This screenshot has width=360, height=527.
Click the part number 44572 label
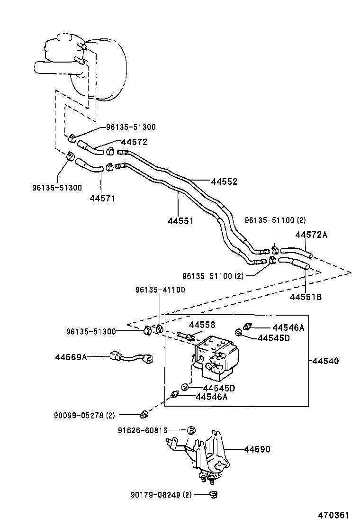134,142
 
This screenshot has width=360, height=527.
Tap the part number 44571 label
102,198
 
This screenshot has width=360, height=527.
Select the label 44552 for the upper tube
224,182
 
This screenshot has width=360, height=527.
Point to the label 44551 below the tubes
180,221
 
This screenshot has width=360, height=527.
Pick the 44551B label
306,297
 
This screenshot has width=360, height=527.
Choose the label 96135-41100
160,290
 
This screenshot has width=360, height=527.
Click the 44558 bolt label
202,325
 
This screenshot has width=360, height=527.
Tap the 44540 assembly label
325,361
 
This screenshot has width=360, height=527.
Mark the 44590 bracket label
257,449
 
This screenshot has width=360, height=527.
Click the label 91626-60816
143,430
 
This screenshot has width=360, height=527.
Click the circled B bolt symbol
191,430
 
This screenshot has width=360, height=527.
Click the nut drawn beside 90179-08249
213,495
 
